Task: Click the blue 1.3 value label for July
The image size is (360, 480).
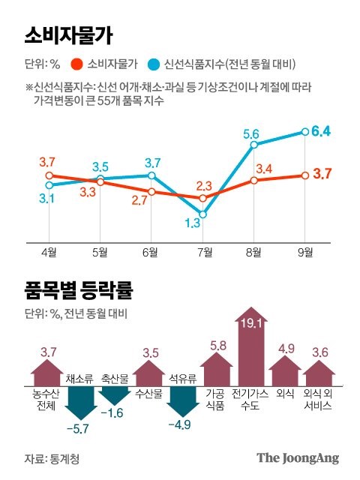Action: (x=191, y=223)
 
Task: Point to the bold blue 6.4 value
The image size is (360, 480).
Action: (x=322, y=131)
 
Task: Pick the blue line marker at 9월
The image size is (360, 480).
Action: (x=305, y=131)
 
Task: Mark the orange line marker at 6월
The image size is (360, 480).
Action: (x=151, y=191)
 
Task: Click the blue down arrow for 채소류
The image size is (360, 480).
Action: (x=79, y=404)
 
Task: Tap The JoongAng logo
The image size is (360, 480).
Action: (x=298, y=457)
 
